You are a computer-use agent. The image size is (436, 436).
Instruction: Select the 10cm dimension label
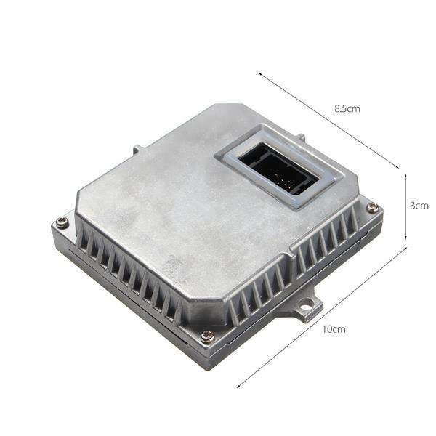click(334, 328)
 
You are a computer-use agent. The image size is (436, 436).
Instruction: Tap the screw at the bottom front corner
click(206, 336)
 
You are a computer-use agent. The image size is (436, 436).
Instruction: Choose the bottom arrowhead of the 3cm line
click(405, 238)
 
